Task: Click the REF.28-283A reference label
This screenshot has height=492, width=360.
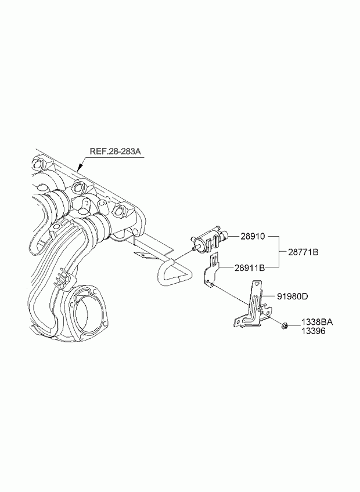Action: pyautogui.click(x=116, y=151)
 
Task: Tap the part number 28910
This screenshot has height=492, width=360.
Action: pyautogui.click(x=253, y=236)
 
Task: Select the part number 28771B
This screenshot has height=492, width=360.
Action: pyautogui.click(x=304, y=252)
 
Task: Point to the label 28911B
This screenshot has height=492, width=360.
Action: pyautogui.click(x=250, y=267)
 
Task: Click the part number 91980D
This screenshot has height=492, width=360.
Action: pyautogui.click(x=293, y=296)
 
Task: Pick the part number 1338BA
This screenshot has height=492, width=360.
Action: pyautogui.click(x=317, y=322)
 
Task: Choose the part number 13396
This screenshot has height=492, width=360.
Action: pyautogui.click(x=314, y=331)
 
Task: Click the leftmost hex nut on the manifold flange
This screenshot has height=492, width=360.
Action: pyautogui.click(x=39, y=164)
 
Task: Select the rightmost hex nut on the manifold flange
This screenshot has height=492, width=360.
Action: pyautogui.click(x=120, y=210)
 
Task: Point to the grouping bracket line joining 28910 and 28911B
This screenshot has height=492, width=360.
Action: pyautogui.click(x=279, y=252)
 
